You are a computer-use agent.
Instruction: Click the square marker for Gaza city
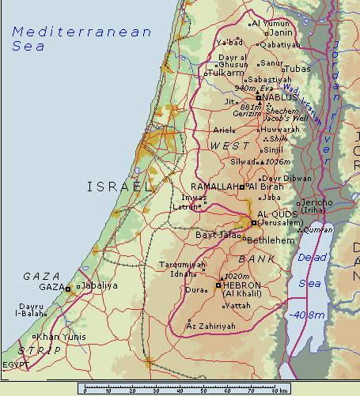click(68, 289)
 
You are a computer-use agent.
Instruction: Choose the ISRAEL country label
click(119, 187)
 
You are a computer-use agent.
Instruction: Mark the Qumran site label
click(317, 229)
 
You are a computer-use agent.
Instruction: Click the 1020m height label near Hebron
click(237, 276)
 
